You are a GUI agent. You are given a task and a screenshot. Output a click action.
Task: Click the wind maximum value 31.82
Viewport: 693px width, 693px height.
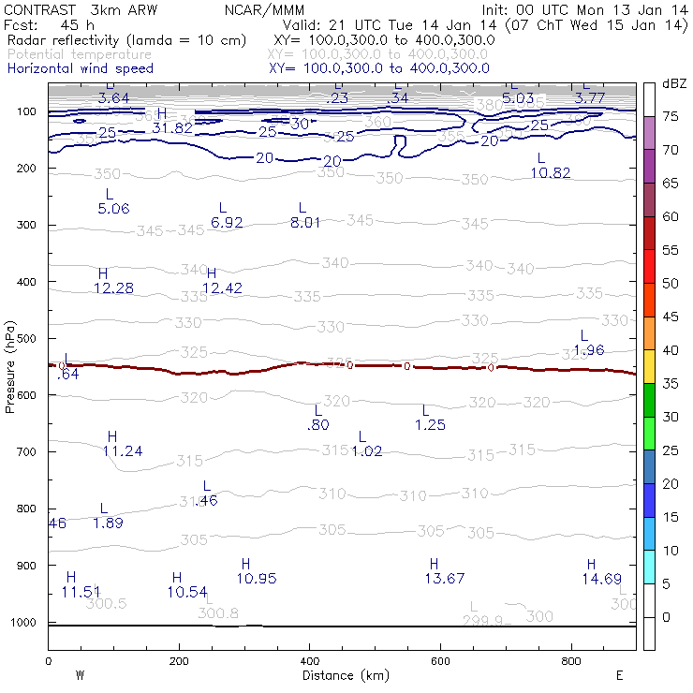click(172, 127)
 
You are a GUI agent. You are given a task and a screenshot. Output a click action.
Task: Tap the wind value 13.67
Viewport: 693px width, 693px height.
click(445, 579)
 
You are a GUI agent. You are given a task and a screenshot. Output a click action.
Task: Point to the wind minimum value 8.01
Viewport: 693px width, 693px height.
click(305, 222)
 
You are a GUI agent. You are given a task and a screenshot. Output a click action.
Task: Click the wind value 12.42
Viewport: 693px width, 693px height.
click(222, 288)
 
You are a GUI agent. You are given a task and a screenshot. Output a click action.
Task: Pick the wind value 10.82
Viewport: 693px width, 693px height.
click(551, 172)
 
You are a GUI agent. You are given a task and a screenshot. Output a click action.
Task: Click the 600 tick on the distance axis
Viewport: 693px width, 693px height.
click(441, 661)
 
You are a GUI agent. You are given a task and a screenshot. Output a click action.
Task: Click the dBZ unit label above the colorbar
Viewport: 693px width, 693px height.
click(673, 83)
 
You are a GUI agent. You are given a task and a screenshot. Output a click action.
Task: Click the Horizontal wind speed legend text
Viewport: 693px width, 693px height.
click(80, 68)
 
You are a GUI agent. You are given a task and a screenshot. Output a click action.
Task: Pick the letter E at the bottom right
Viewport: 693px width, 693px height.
click(619, 674)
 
